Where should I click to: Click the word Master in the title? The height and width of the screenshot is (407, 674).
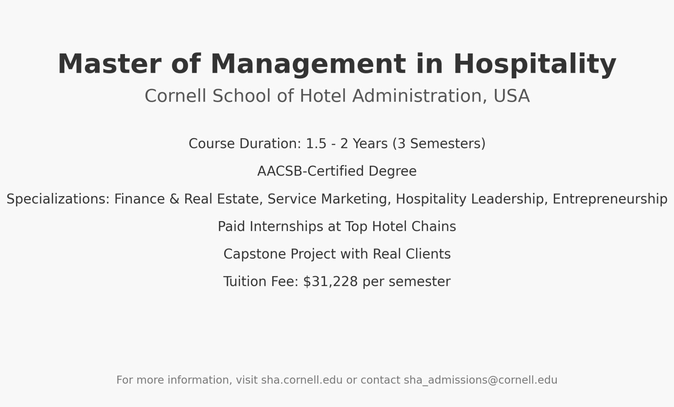pyautogui.click(x=110, y=64)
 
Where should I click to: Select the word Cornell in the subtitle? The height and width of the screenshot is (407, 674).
pyautogui.click(x=175, y=96)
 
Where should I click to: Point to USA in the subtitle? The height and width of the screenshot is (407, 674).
pyautogui.click(x=511, y=96)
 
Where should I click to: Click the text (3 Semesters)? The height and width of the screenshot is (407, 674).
pyautogui.click(x=439, y=144)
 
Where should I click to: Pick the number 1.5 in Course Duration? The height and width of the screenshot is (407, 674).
pyautogui.click(x=316, y=144)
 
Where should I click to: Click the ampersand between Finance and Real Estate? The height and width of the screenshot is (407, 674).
pyautogui.click(x=174, y=199)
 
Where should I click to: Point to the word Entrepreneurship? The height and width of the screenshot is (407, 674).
pyautogui.click(x=610, y=199)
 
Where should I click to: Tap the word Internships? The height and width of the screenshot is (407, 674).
pyautogui.click(x=286, y=227)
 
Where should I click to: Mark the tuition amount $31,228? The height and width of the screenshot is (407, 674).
pyautogui.click(x=330, y=282)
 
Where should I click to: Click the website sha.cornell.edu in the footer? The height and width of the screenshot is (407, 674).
pyautogui.click(x=302, y=380)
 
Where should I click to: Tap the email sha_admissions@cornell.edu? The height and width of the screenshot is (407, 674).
pyautogui.click(x=481, y=380)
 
